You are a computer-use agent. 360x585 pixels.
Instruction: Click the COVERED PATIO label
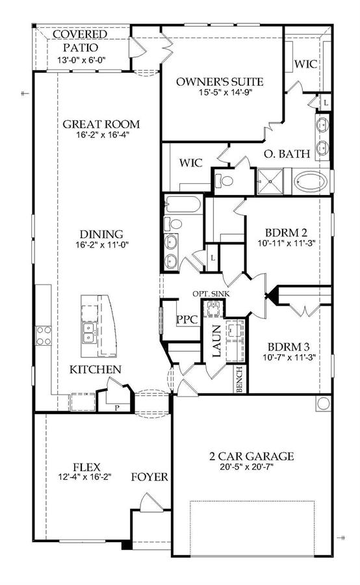80,41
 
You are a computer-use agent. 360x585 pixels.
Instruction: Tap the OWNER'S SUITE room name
220,82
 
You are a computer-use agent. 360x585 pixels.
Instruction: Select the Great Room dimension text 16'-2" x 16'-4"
102,135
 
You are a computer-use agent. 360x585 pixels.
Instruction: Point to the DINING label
101,234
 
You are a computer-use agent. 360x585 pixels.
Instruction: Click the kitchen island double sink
90,333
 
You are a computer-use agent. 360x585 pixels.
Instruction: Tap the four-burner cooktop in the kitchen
44,335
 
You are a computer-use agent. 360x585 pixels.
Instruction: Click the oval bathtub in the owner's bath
311,182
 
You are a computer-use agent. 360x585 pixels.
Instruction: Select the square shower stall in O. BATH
270,182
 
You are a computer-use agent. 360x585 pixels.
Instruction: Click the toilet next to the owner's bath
225,181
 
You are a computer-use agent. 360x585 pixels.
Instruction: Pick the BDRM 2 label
286,233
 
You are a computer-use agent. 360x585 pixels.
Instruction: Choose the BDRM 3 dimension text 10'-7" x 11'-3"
289,357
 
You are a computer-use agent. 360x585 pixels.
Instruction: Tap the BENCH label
240,379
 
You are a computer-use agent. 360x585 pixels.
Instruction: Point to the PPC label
187,320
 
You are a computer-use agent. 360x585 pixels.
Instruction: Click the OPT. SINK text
211,294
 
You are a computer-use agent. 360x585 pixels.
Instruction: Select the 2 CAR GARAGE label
251,456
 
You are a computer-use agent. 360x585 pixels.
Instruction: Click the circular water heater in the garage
323,403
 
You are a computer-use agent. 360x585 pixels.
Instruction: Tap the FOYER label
149,477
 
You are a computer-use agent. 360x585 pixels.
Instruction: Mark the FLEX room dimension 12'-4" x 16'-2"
85,476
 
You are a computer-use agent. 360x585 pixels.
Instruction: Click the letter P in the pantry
117,408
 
